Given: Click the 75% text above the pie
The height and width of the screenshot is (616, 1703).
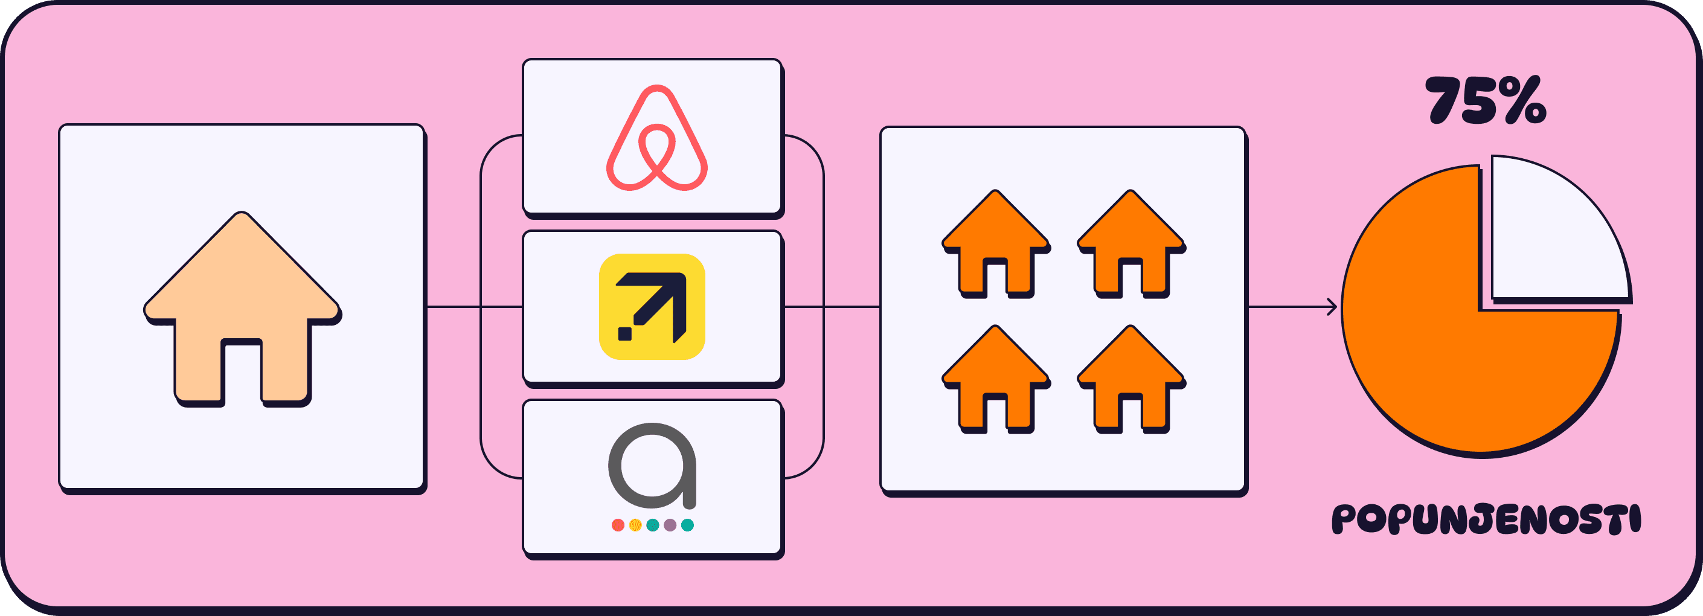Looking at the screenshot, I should tap(1485, 101).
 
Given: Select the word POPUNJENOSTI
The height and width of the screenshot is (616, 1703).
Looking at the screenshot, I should tap(1486, 519).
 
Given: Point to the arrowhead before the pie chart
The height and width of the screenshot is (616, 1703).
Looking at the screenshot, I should tap(1332, 307).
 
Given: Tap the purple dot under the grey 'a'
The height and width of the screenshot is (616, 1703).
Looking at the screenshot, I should tap(670, 525).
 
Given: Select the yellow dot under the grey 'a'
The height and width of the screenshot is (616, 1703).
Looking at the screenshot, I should tap(635, 525).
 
